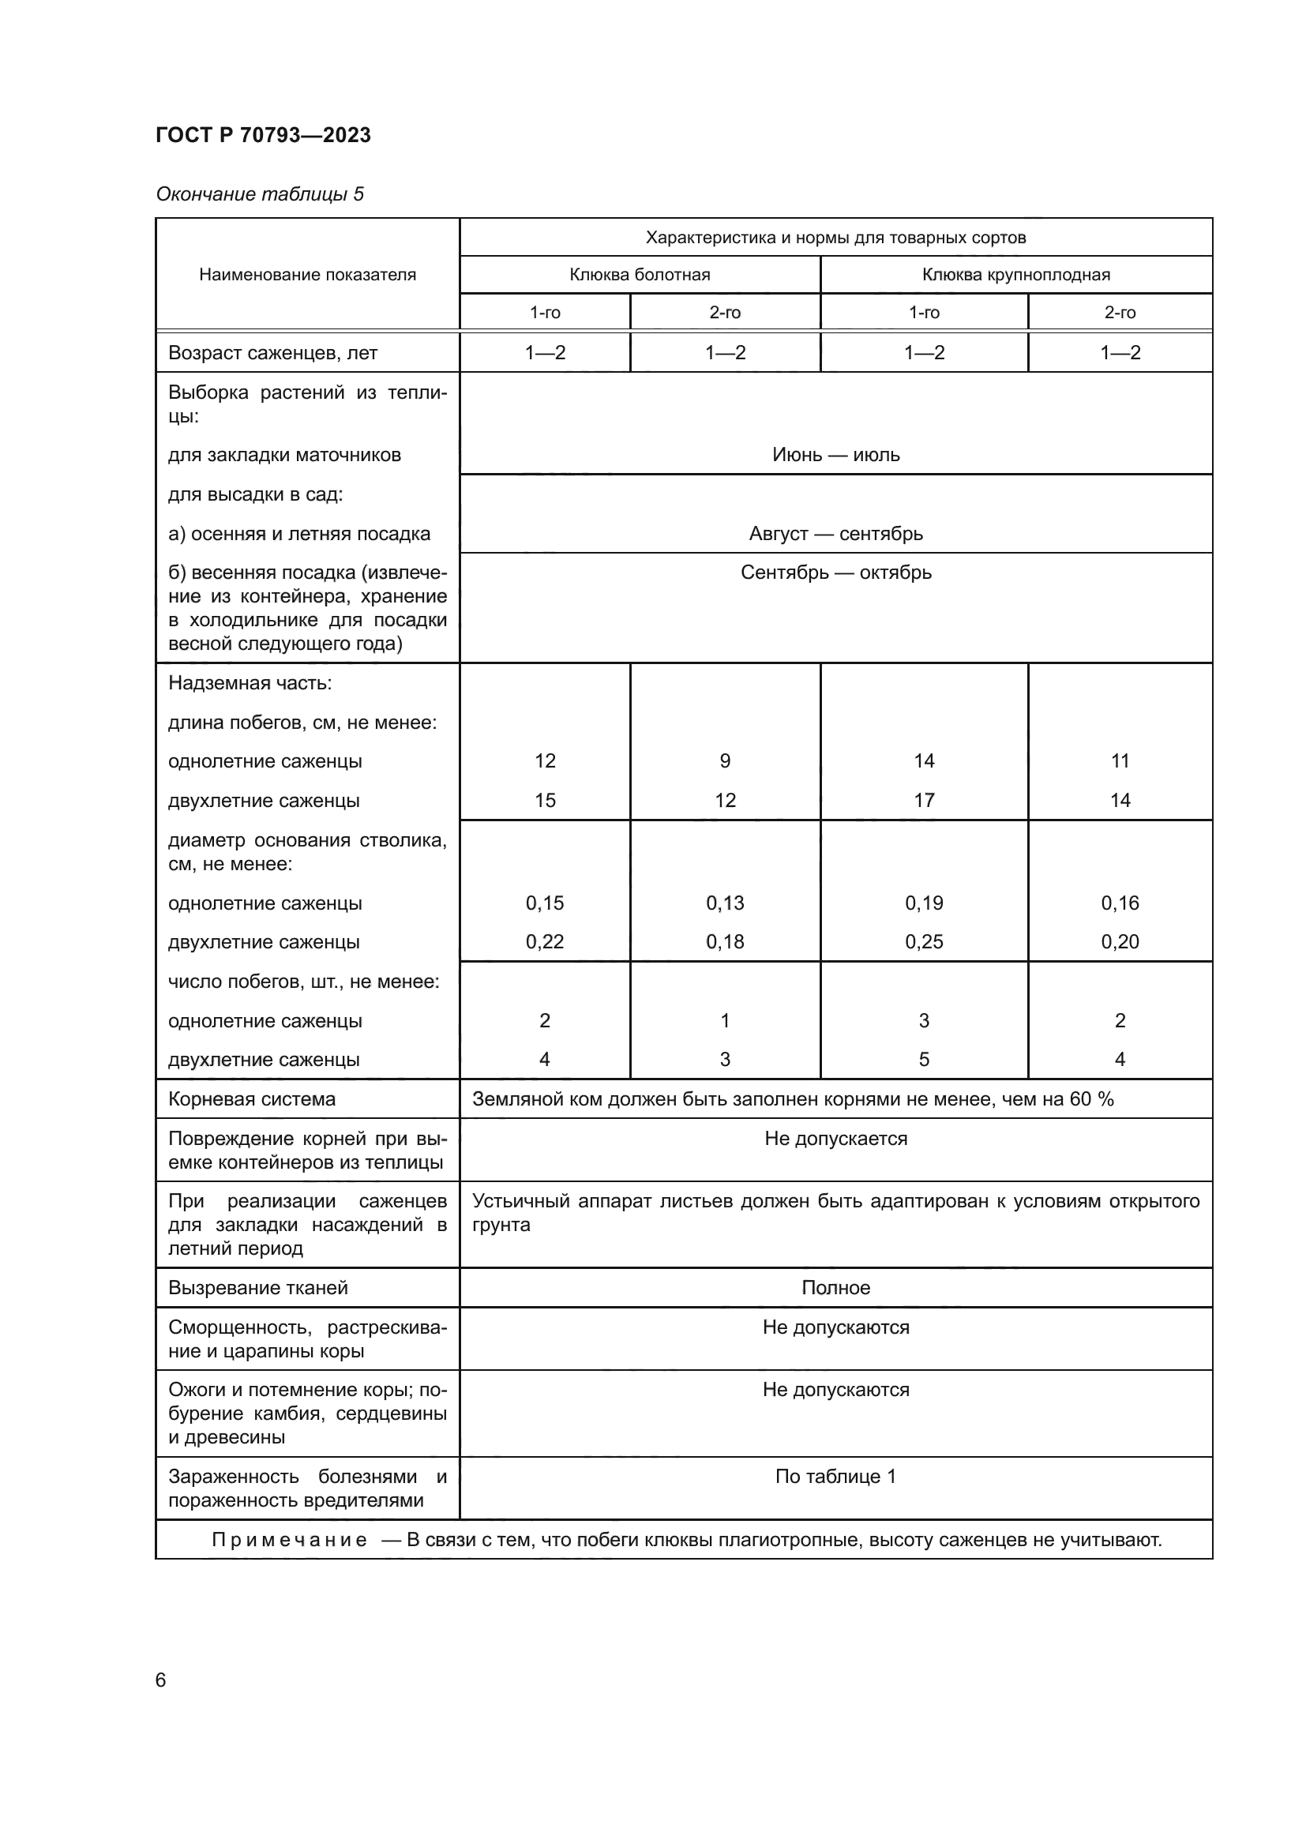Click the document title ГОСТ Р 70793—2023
tap(263, 135)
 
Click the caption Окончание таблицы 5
tap(259, 194)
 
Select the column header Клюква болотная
tap(640, 275)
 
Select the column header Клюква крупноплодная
tap(1015, 275)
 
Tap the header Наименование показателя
tap(307, 275)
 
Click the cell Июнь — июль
tap(835, 456)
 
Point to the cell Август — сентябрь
tap(835, 534)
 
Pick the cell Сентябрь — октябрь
tap(835, 572)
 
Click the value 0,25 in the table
tap(923, 942)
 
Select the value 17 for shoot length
tap(923, 801)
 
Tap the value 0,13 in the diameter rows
tap(725, 903)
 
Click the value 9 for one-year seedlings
tap(725, 761)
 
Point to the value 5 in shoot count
tap(923, 1060)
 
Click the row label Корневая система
tap(252, 1099)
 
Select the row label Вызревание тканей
tap(257, 1288)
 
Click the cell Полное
tap(835, 1288)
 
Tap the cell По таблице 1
tap(835, 1476)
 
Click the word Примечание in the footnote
tap(290, 1540)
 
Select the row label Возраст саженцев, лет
tap(272, 353)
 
